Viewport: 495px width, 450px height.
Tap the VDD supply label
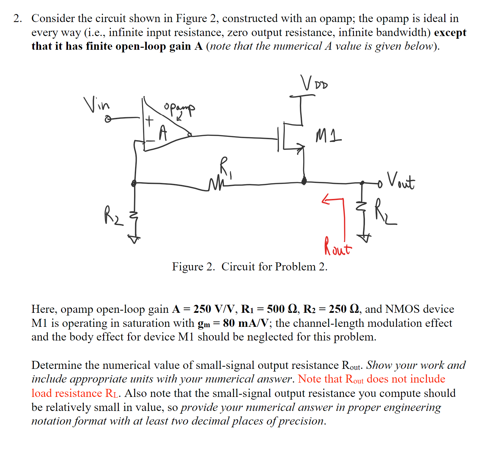click(x=314, y=83)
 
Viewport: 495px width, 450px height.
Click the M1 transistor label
click(x=328, y=136)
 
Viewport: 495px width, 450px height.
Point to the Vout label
click(x=401, y=181)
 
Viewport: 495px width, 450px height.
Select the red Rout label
click(x=337, y=247)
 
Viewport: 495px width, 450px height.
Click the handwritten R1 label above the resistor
click(x=225, y=166)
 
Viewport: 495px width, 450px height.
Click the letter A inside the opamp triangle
click(x=162, y=133)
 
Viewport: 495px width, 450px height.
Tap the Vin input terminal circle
click(x=108, y=119)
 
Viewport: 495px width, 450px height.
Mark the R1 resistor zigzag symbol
click(x=215, y=184)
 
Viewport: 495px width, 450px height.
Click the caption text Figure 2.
click(x=193, y=267)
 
